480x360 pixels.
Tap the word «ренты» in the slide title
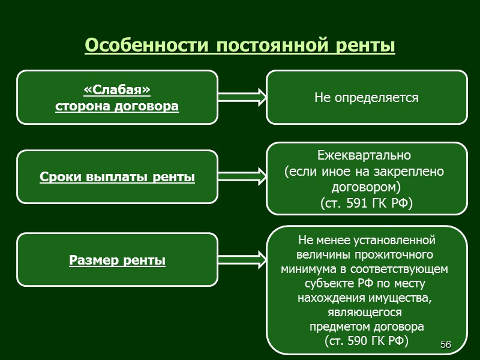[x=370, y=46]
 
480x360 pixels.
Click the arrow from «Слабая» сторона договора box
[x=241, y=97]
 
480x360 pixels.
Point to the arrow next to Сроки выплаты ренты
[x=241, y=177]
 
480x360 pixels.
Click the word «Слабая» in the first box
[x=117, y=90]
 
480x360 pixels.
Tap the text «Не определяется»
[x=366, y=97]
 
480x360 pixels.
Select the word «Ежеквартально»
[x=364, y=156]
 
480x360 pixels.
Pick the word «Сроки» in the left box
[x=61, y=177]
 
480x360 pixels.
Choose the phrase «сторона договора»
[x=117, y=106]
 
